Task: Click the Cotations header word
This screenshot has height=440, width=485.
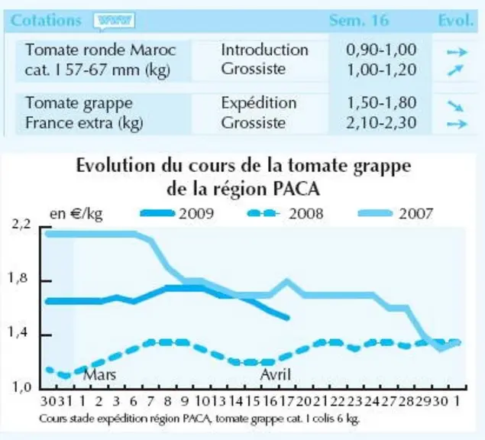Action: pos(46,21)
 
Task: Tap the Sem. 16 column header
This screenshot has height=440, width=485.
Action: pos(358,21)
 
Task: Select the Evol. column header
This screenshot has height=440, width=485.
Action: pos(456,21)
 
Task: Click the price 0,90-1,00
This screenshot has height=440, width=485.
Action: pos(381,50)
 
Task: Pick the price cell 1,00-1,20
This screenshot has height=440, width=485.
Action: pos(382,70)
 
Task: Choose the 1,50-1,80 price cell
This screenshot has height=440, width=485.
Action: pos(382,102)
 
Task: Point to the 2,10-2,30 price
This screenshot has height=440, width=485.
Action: pos(381,123)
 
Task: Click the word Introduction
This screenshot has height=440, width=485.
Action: pos(265,50)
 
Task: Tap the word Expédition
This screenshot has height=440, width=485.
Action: pos(259,103)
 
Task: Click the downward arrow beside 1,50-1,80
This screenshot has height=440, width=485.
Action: pos(456,106)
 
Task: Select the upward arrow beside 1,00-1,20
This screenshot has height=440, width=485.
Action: pos(456,70)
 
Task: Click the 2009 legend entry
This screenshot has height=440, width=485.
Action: pos(177,213)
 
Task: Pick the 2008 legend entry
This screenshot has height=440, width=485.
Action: pos(286,213)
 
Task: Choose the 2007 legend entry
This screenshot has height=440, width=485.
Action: pos(396,213)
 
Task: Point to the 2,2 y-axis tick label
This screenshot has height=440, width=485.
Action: pos(21,224)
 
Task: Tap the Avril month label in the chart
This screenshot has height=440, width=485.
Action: pos(276,375)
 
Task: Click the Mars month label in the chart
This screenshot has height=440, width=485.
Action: pos(99,375)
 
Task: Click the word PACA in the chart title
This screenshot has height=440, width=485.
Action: pos(296,189)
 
